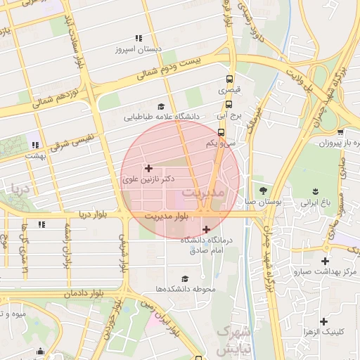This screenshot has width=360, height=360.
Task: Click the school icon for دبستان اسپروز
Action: pos(139,39)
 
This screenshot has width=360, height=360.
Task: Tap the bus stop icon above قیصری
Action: pos(229,79)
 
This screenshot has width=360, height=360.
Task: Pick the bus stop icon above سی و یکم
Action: pos(221,131)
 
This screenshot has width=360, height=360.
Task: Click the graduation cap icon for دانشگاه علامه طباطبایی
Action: pos(162,105)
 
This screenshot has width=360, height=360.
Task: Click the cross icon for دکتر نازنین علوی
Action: pos(148,169)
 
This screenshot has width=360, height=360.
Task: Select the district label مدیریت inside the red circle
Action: pos(202,192)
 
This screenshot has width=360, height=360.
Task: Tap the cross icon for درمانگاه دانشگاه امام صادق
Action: pos(205,229)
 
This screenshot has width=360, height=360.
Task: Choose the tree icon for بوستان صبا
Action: pos(264,190)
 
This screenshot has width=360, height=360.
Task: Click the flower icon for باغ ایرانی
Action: pos(316,191)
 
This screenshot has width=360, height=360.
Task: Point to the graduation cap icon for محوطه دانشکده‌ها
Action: pos(185,278)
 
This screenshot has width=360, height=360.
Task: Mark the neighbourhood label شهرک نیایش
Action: pos(231,340)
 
